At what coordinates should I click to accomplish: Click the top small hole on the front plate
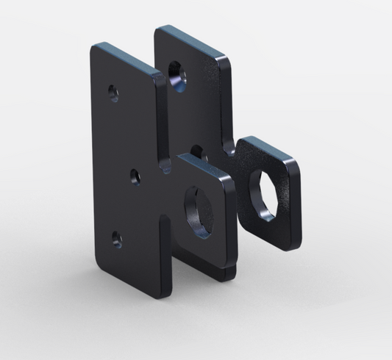113,93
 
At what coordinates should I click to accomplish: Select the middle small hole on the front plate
135,175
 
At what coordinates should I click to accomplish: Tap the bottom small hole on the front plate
115,237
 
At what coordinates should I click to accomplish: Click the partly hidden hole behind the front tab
196,151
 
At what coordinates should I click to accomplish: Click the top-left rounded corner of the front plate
94,47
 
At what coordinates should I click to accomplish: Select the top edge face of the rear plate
193,40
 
